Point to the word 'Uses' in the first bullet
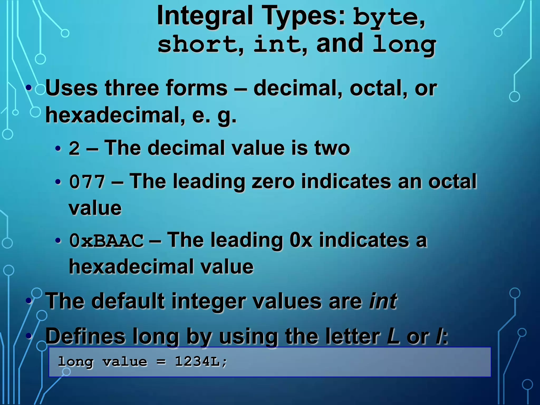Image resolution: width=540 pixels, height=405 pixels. tap(72, 88)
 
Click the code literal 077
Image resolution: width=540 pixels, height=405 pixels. tap(87, 182)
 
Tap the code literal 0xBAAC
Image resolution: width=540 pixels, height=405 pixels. tap(107, 241)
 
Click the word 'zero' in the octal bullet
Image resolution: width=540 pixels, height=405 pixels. tap(273, 182)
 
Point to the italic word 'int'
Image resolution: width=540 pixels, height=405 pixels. tap(383, 301)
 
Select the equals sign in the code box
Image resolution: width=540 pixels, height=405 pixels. tap(161, 362)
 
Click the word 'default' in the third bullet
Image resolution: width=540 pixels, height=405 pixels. tap(128, 301)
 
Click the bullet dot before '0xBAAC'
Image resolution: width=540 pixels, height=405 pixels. tap(58, 241)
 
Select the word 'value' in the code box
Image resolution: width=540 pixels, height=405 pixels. tap(125, 362)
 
